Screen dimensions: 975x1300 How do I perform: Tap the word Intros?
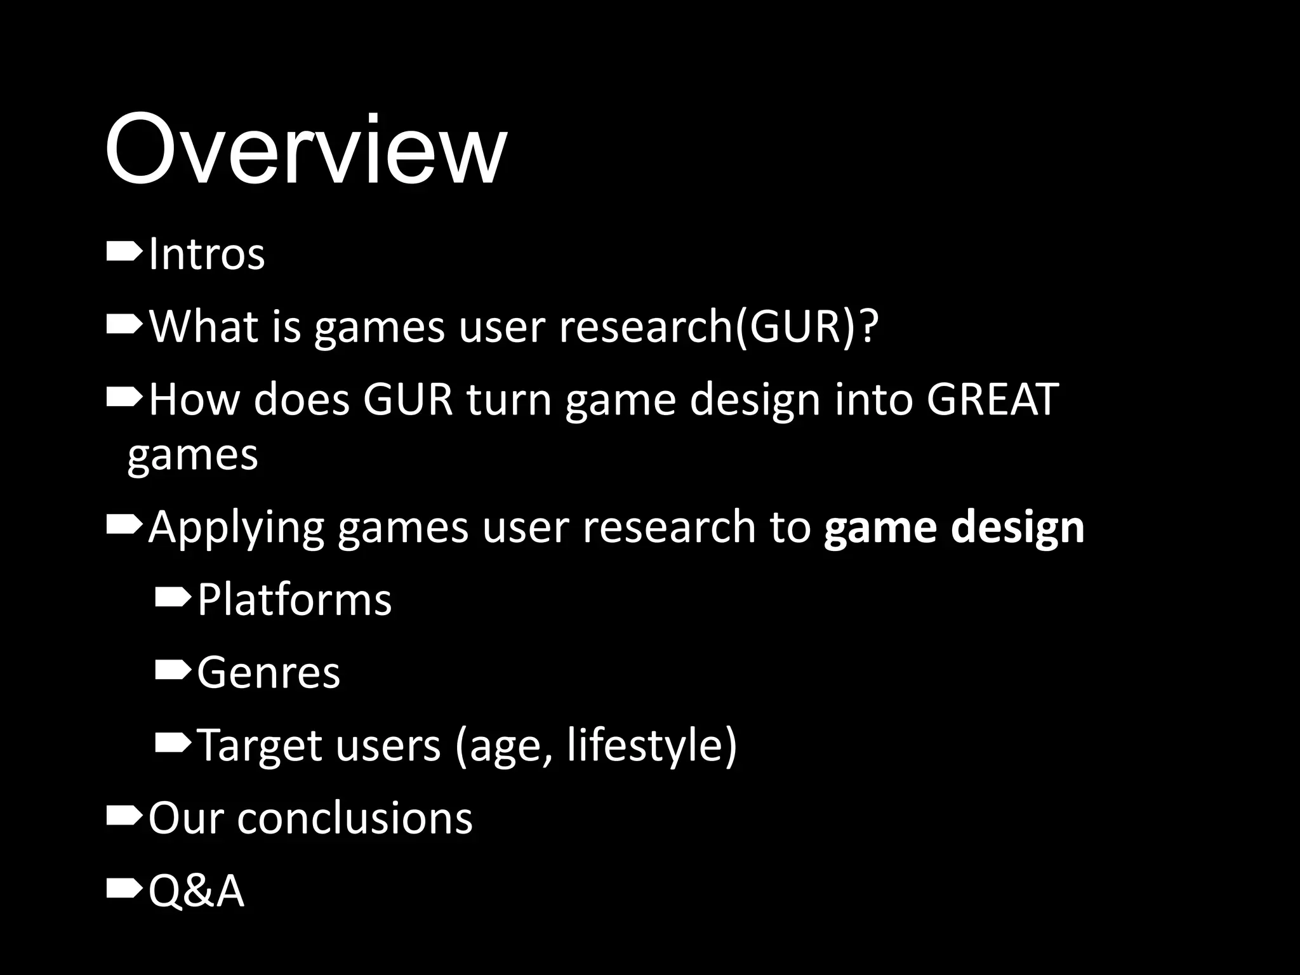click(x=206, y=255)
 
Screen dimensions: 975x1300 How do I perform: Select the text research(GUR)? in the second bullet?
click(x=719, y=327)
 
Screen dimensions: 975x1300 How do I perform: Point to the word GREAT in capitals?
click(x=992, y=399)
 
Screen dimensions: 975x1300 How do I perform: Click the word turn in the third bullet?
click(x=508, y=399)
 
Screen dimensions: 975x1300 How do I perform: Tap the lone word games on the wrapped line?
click(x=192, y=454)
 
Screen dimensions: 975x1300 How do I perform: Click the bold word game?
click(x=880, y=527)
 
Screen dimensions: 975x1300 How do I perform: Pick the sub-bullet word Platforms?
click(x=295, y=599)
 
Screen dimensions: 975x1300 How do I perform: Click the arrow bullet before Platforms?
click(x=172, y=598)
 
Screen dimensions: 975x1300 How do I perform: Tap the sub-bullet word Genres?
click(x=269, y=672)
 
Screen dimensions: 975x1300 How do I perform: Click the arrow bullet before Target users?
click(x=172, y=743)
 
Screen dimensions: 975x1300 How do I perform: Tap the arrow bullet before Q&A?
click(x=124, y=889)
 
